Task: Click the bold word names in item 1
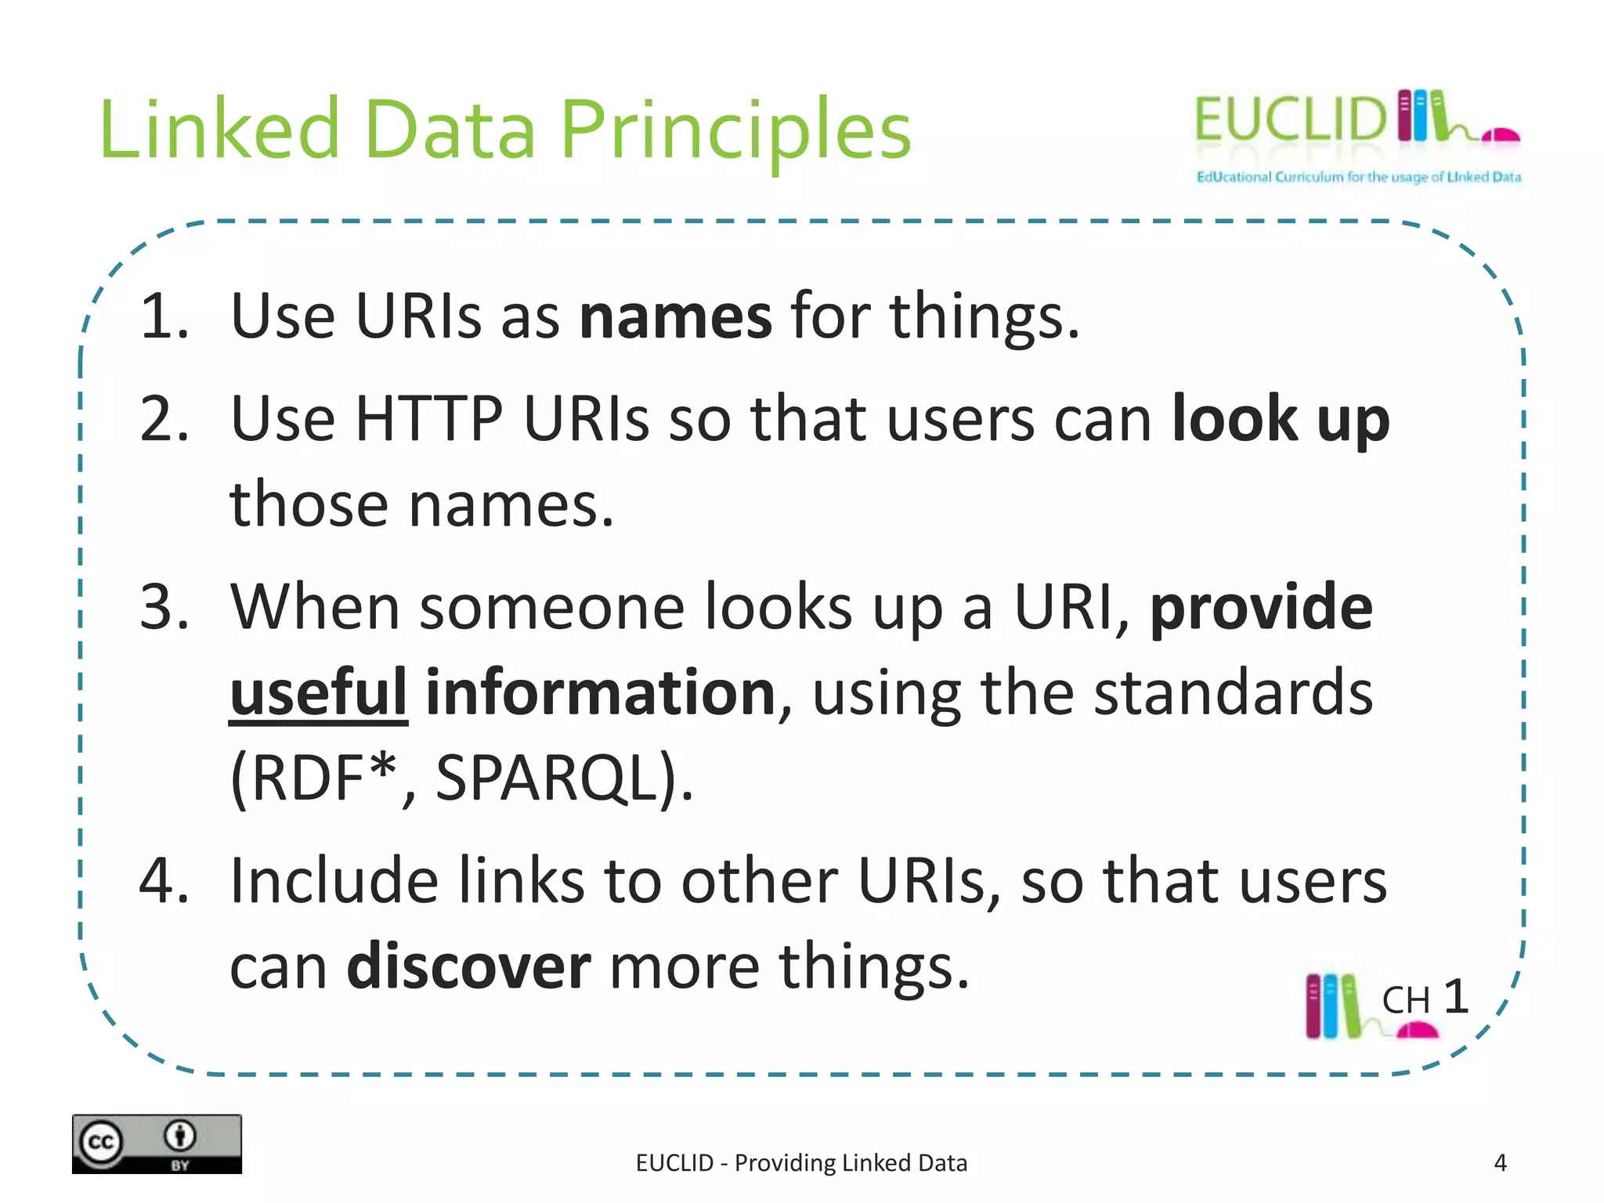tap(675, 316)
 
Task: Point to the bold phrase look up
tap(1281, 421)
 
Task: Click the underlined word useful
tap(318, 692)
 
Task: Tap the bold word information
tap(601, 692)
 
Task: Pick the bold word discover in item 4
tap(468, 966)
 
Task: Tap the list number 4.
tap(164, 881)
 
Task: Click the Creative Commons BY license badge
tap(157, 1143)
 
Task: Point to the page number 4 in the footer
tap(1500, 1163)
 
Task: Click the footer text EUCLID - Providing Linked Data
tap(801, 1163)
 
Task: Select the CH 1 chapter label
tap(1424, 999)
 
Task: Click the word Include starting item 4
tap(334, 881)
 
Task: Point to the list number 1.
tap(164, 316)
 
